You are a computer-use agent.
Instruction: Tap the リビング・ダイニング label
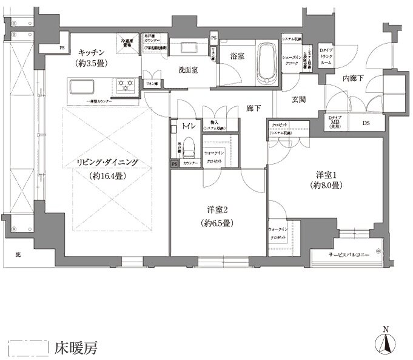(107, 163)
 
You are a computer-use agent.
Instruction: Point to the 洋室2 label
(217, 210)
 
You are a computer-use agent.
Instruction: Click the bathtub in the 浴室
(267, 61)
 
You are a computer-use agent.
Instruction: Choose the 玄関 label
(299, 100)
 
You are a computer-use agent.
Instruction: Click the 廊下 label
(254, 108)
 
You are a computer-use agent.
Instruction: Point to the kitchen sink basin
(81, 86)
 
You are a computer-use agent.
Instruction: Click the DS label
(365, 123)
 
